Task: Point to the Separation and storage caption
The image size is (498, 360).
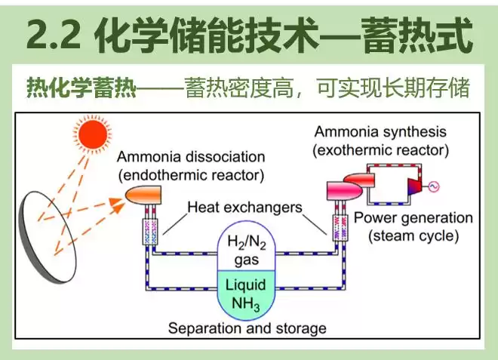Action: (x=247, y=329)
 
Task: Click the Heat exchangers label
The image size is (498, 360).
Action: (x=244, y=206)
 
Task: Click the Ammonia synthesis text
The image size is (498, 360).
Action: (x=380, y=132)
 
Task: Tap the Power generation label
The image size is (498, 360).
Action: (x=413, y=218)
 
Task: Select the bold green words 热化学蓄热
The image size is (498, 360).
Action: (x=81, y=88)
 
